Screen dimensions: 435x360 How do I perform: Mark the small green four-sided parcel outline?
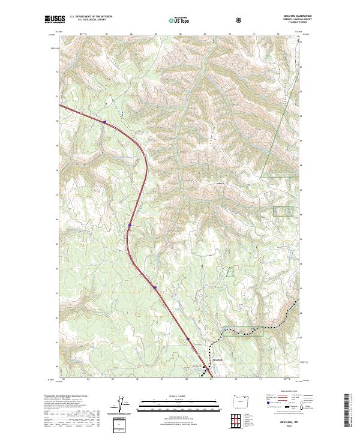click(x=229, y=271)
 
